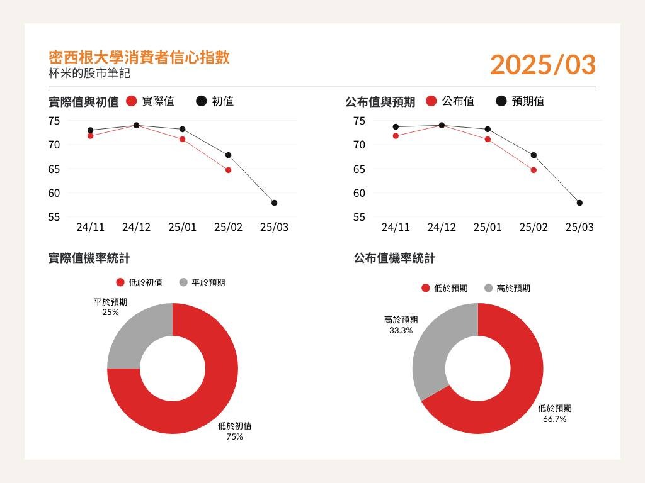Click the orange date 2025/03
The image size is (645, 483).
click(x=542, y=65)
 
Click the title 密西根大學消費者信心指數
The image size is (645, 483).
click(x=139, y=58)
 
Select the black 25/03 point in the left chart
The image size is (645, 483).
click(x=274, y=203)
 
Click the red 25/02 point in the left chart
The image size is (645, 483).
click(x=228, y=170)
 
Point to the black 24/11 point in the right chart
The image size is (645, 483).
click(x=396, y=126)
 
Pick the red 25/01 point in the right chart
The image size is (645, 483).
click(x=488, y=139)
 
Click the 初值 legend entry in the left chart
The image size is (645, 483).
click(x=215, y=101)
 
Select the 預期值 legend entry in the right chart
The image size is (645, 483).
click(x=520, y=101)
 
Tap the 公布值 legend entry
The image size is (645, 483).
click(x=450, y=101)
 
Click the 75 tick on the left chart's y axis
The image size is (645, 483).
click(x=54, y=121)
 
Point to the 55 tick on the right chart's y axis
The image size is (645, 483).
click(x=359, y=217)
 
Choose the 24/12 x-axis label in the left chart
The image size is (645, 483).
click(x=136, y=227)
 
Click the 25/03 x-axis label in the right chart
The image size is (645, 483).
click(x=579, y=227)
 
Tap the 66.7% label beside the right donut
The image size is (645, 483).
click(x=554, y=419)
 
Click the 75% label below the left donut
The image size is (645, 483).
click(x=234, y=436)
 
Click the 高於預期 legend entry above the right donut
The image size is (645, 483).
click(x=507, y=288)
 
